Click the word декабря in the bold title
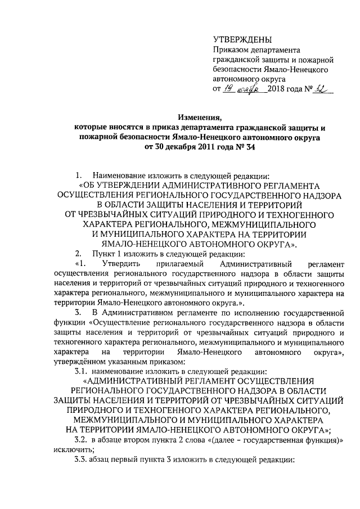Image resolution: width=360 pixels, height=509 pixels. pos(179,147)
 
